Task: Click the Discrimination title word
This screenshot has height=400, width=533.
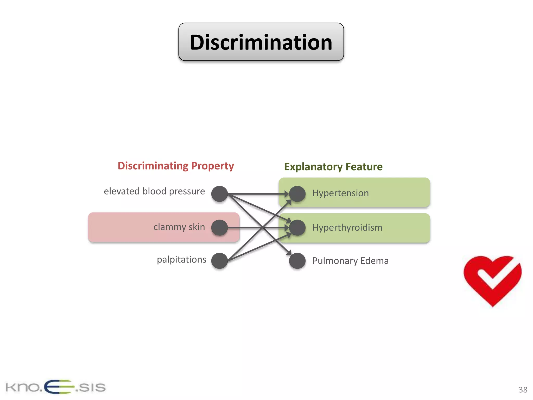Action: click(x=261, y=42)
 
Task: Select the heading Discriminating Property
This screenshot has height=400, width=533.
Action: click(x=176, y=166)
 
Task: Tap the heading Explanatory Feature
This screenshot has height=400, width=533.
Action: click(x=333, y=167)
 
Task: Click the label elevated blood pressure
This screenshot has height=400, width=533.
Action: click(x=154, y=191)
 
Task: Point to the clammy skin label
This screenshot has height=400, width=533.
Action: click(x=179, y=227)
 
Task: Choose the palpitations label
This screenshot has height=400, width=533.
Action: click(x=181, y=260)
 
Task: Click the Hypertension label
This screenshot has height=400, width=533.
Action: click(x=340, y=193)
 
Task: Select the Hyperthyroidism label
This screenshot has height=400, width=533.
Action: click(x=347, y=228)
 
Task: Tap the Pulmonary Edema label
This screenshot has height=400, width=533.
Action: click(x=350, y=261)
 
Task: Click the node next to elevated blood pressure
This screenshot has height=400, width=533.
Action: click(x=219, y=194)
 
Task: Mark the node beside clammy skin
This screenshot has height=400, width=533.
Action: click(x=219, y=228)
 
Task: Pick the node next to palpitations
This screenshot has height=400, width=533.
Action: click(x=219, y=261)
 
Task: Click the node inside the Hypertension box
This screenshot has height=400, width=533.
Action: click(x=297, y=194)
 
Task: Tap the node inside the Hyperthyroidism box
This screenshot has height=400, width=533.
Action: click(x=297, y=228)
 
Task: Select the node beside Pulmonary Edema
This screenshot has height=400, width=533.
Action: click(x=297, y=261)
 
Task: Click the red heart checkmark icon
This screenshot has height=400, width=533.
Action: click(x=492, y=280)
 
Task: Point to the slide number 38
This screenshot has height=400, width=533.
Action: click(x=523, y=390)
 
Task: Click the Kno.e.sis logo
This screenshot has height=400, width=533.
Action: click(x=55, y=387)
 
